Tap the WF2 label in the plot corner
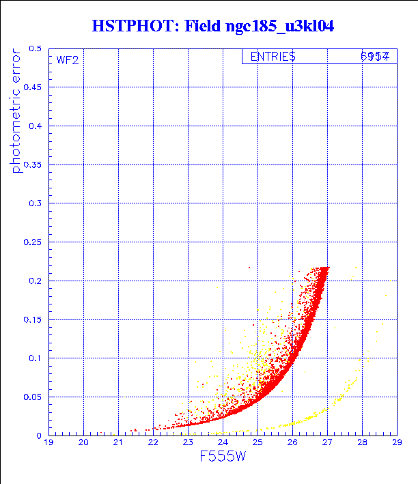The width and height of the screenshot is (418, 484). pos(68,60)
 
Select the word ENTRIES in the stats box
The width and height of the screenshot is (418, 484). pos(273,57)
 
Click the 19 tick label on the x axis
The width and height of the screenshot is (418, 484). pos(49,443)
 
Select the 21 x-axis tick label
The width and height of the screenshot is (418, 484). pos(118,443)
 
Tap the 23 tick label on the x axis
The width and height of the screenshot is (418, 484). pos(188,443)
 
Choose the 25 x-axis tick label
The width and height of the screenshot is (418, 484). pos(257,443)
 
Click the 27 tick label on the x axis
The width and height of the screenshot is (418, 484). pos(327,443)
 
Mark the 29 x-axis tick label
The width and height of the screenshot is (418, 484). pos(396,443)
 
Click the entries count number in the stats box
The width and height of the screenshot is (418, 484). pos(375,57)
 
